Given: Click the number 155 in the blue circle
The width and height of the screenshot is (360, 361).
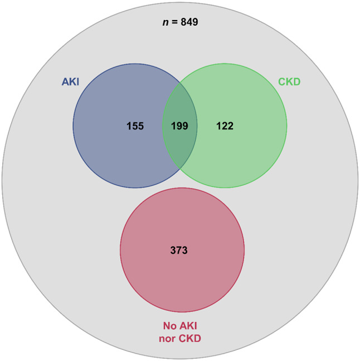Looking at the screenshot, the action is (134, 126).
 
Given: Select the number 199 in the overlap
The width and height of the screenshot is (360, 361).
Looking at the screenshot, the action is (179, 126).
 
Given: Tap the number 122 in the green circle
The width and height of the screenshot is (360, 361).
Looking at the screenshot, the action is (225, 126).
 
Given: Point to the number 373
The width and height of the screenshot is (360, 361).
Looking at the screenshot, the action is (179, 250).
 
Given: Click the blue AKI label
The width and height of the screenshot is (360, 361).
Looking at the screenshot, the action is (70, 81).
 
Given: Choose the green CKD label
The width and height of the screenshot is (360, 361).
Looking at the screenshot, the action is (289, 81).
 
